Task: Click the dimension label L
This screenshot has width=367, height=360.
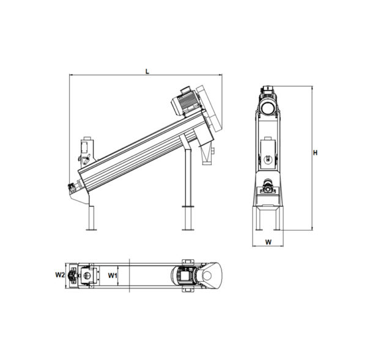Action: pos(147,72)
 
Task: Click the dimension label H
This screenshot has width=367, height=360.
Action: pos(316,153)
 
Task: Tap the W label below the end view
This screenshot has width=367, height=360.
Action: pos(269,242)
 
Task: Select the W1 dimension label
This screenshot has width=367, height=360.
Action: pos(113,276)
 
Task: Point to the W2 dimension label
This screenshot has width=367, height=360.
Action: pos(60,275)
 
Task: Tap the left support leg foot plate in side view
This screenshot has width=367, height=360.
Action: pos(91,230)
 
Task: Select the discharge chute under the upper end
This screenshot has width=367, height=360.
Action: pos(207,153)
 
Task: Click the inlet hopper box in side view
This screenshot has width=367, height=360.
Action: pos(87,150)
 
